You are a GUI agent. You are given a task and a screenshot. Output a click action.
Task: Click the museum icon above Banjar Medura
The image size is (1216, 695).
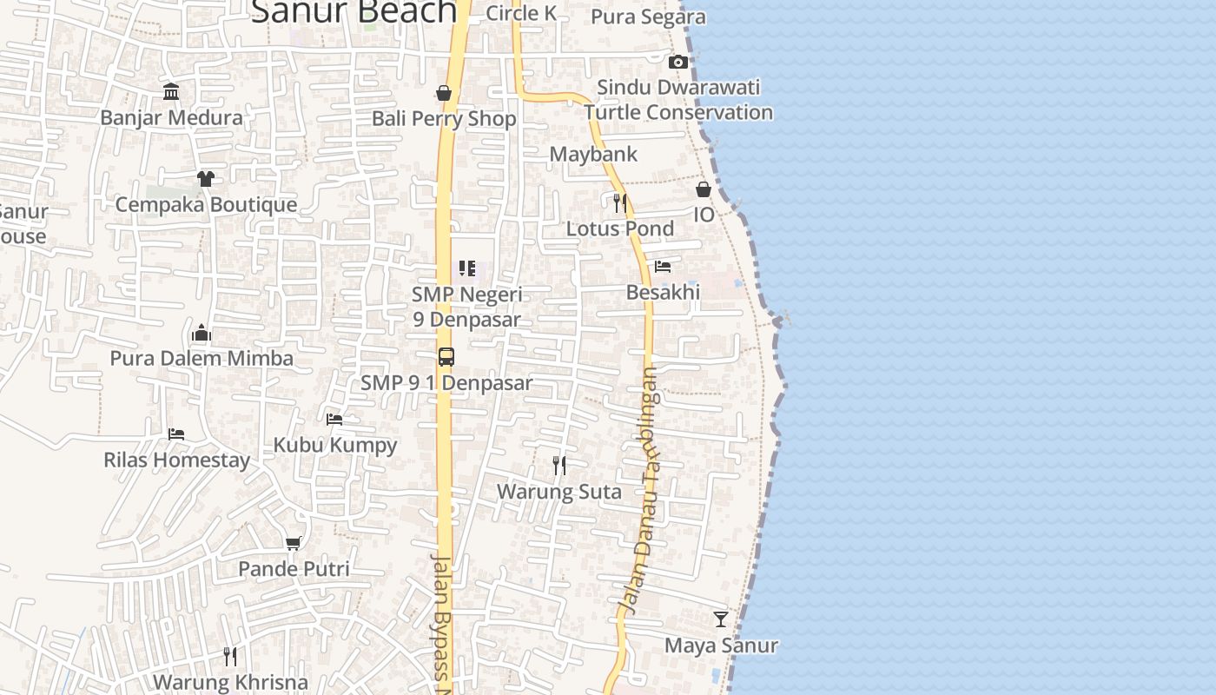(x=171, y=91)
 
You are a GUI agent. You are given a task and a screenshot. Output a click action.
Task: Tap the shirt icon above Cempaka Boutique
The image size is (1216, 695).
(x=205, y=179)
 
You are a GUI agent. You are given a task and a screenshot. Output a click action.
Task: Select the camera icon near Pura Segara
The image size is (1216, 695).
(x=678, y=62)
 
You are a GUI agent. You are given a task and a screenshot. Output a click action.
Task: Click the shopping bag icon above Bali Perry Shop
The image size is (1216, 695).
(x=444, y=93)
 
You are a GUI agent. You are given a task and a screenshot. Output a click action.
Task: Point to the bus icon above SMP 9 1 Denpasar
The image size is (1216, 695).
(x=446, y=357)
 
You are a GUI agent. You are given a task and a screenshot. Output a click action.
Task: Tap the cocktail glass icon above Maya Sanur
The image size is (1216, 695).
(x=721, y=619)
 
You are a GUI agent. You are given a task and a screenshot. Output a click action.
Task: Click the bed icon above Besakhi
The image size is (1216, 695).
(x=663, y=267)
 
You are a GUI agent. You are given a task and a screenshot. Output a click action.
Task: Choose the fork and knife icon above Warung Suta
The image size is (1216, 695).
(x=559, y=466)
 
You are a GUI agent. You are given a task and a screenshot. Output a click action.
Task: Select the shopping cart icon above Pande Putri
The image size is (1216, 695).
(x=294, y=543)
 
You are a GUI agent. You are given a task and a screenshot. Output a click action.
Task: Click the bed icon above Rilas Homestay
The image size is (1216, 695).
(x=176, y=434)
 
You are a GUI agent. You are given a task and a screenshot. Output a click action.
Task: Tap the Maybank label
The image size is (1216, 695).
(x=594, y=155)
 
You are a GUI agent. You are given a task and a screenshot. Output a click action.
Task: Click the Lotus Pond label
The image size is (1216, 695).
(x=620, y=228)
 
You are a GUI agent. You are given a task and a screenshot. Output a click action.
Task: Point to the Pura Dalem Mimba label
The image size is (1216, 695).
(x=202, y=358)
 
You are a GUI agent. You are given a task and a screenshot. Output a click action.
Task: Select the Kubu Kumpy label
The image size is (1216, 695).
(x=335, y=445)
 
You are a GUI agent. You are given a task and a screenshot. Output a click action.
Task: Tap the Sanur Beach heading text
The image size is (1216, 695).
(x=354, y=12)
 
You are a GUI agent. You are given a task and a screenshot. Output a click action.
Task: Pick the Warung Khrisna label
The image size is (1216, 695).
(x=230, y=682)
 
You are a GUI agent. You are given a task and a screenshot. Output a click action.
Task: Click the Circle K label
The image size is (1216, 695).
(x=521, y=13)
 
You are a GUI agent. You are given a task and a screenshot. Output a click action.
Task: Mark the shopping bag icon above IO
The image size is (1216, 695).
(x=704, y=189)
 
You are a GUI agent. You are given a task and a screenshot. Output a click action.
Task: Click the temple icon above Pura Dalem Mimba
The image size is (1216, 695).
(x=202, y=333)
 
